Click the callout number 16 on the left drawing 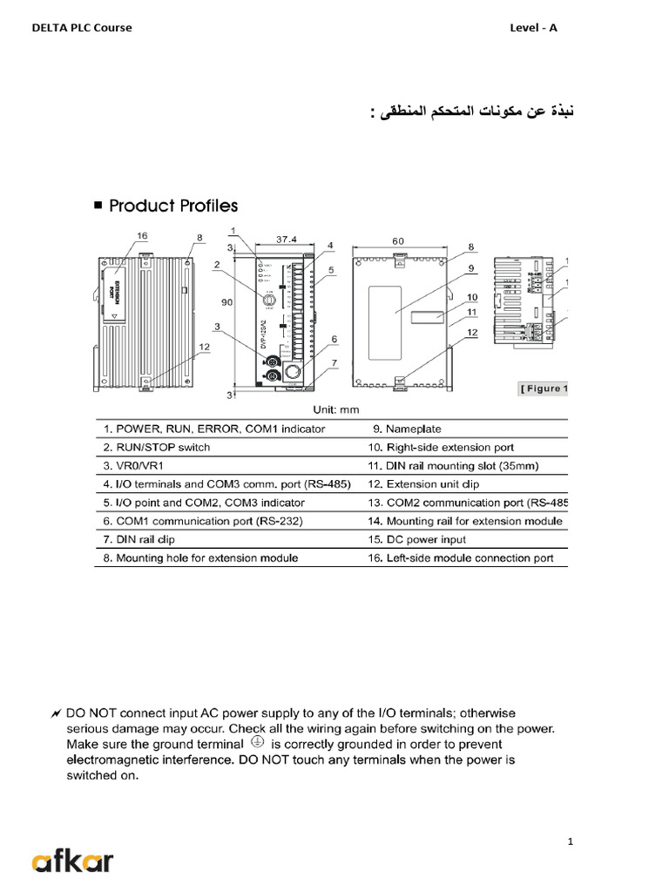click(142, 235)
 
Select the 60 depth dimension click(398, 240)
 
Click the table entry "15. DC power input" click(416, 539)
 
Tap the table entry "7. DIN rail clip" click(145, 539)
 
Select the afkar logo click(72, 861)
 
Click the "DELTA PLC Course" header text click(82, 28)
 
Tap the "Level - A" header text click(533, 28)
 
